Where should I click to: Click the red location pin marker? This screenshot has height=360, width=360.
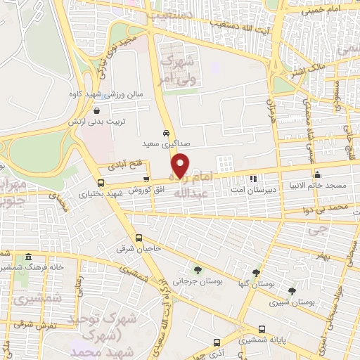[x=181, y=165]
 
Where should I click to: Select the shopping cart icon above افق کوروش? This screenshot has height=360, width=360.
[x=146, y=179]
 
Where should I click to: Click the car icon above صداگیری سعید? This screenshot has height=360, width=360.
[x=166, y=133]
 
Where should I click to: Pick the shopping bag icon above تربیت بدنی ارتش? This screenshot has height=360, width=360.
[x=96, y=109]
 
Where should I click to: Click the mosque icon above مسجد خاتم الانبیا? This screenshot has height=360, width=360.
[x=318, y=174]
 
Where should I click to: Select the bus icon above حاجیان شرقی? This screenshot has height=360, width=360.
[x=139, y=237]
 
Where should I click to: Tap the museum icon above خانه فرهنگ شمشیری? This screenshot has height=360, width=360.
[x=27, y=257]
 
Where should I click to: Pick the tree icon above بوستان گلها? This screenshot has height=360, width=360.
[x=255, y=271]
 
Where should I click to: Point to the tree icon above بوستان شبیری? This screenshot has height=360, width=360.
[x=292, y=290]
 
